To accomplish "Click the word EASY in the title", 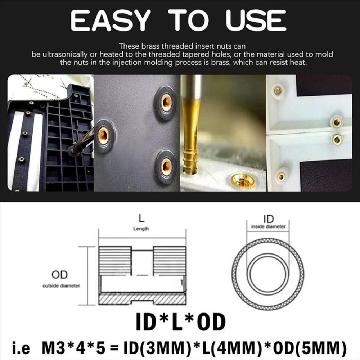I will [109, 21].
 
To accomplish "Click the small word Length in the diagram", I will [141, 229].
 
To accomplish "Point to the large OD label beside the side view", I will [59, 275].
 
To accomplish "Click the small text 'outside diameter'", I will [61, 286].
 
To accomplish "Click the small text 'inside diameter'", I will [268, 227].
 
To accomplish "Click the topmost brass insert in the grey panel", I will [166, 103].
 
